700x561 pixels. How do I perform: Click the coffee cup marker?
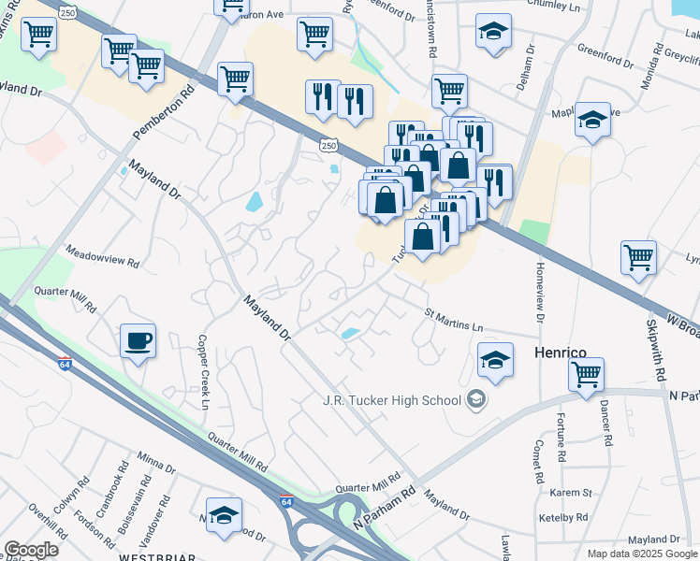[x=139, y=340]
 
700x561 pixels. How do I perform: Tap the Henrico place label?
[x=560, y=352]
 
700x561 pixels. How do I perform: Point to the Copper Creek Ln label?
[x=203, y=371]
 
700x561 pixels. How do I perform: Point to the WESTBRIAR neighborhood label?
[x=157, y=556]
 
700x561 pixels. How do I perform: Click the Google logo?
[x=31, y=549]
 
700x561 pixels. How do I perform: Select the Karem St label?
[x=571, y=493]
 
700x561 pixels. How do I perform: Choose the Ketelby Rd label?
[x=563, y=517]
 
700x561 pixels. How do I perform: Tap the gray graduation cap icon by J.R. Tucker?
[x=476, y=400]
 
